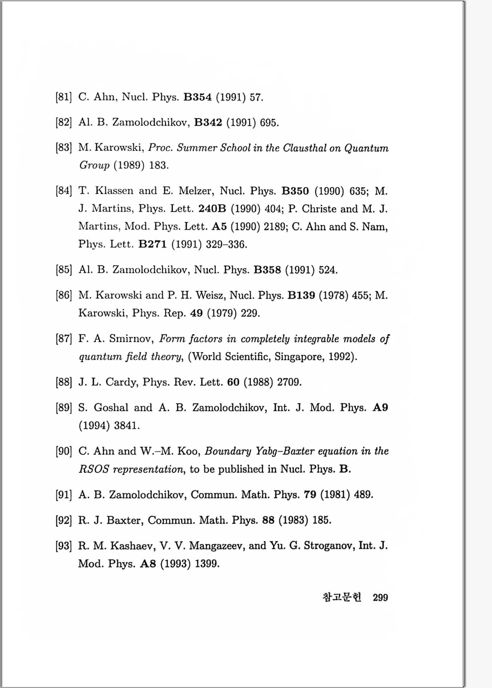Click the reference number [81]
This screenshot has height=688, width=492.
point(64,97)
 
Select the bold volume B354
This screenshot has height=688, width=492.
point(197,97)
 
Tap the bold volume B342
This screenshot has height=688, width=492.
point(208,123)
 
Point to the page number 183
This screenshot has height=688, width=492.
point(159,165)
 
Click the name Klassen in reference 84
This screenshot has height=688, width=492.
point(114,191)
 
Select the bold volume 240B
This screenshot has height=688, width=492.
point(212,209)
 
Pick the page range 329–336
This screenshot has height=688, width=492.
point(226,244)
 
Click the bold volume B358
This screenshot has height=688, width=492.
point(267,270)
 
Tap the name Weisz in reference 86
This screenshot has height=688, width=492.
point(211,295)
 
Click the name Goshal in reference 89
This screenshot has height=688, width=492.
point(111,407)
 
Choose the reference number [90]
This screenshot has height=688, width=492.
point(64,451)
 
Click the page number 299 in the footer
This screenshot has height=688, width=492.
point(380,598)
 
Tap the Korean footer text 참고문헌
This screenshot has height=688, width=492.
point(342,597)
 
